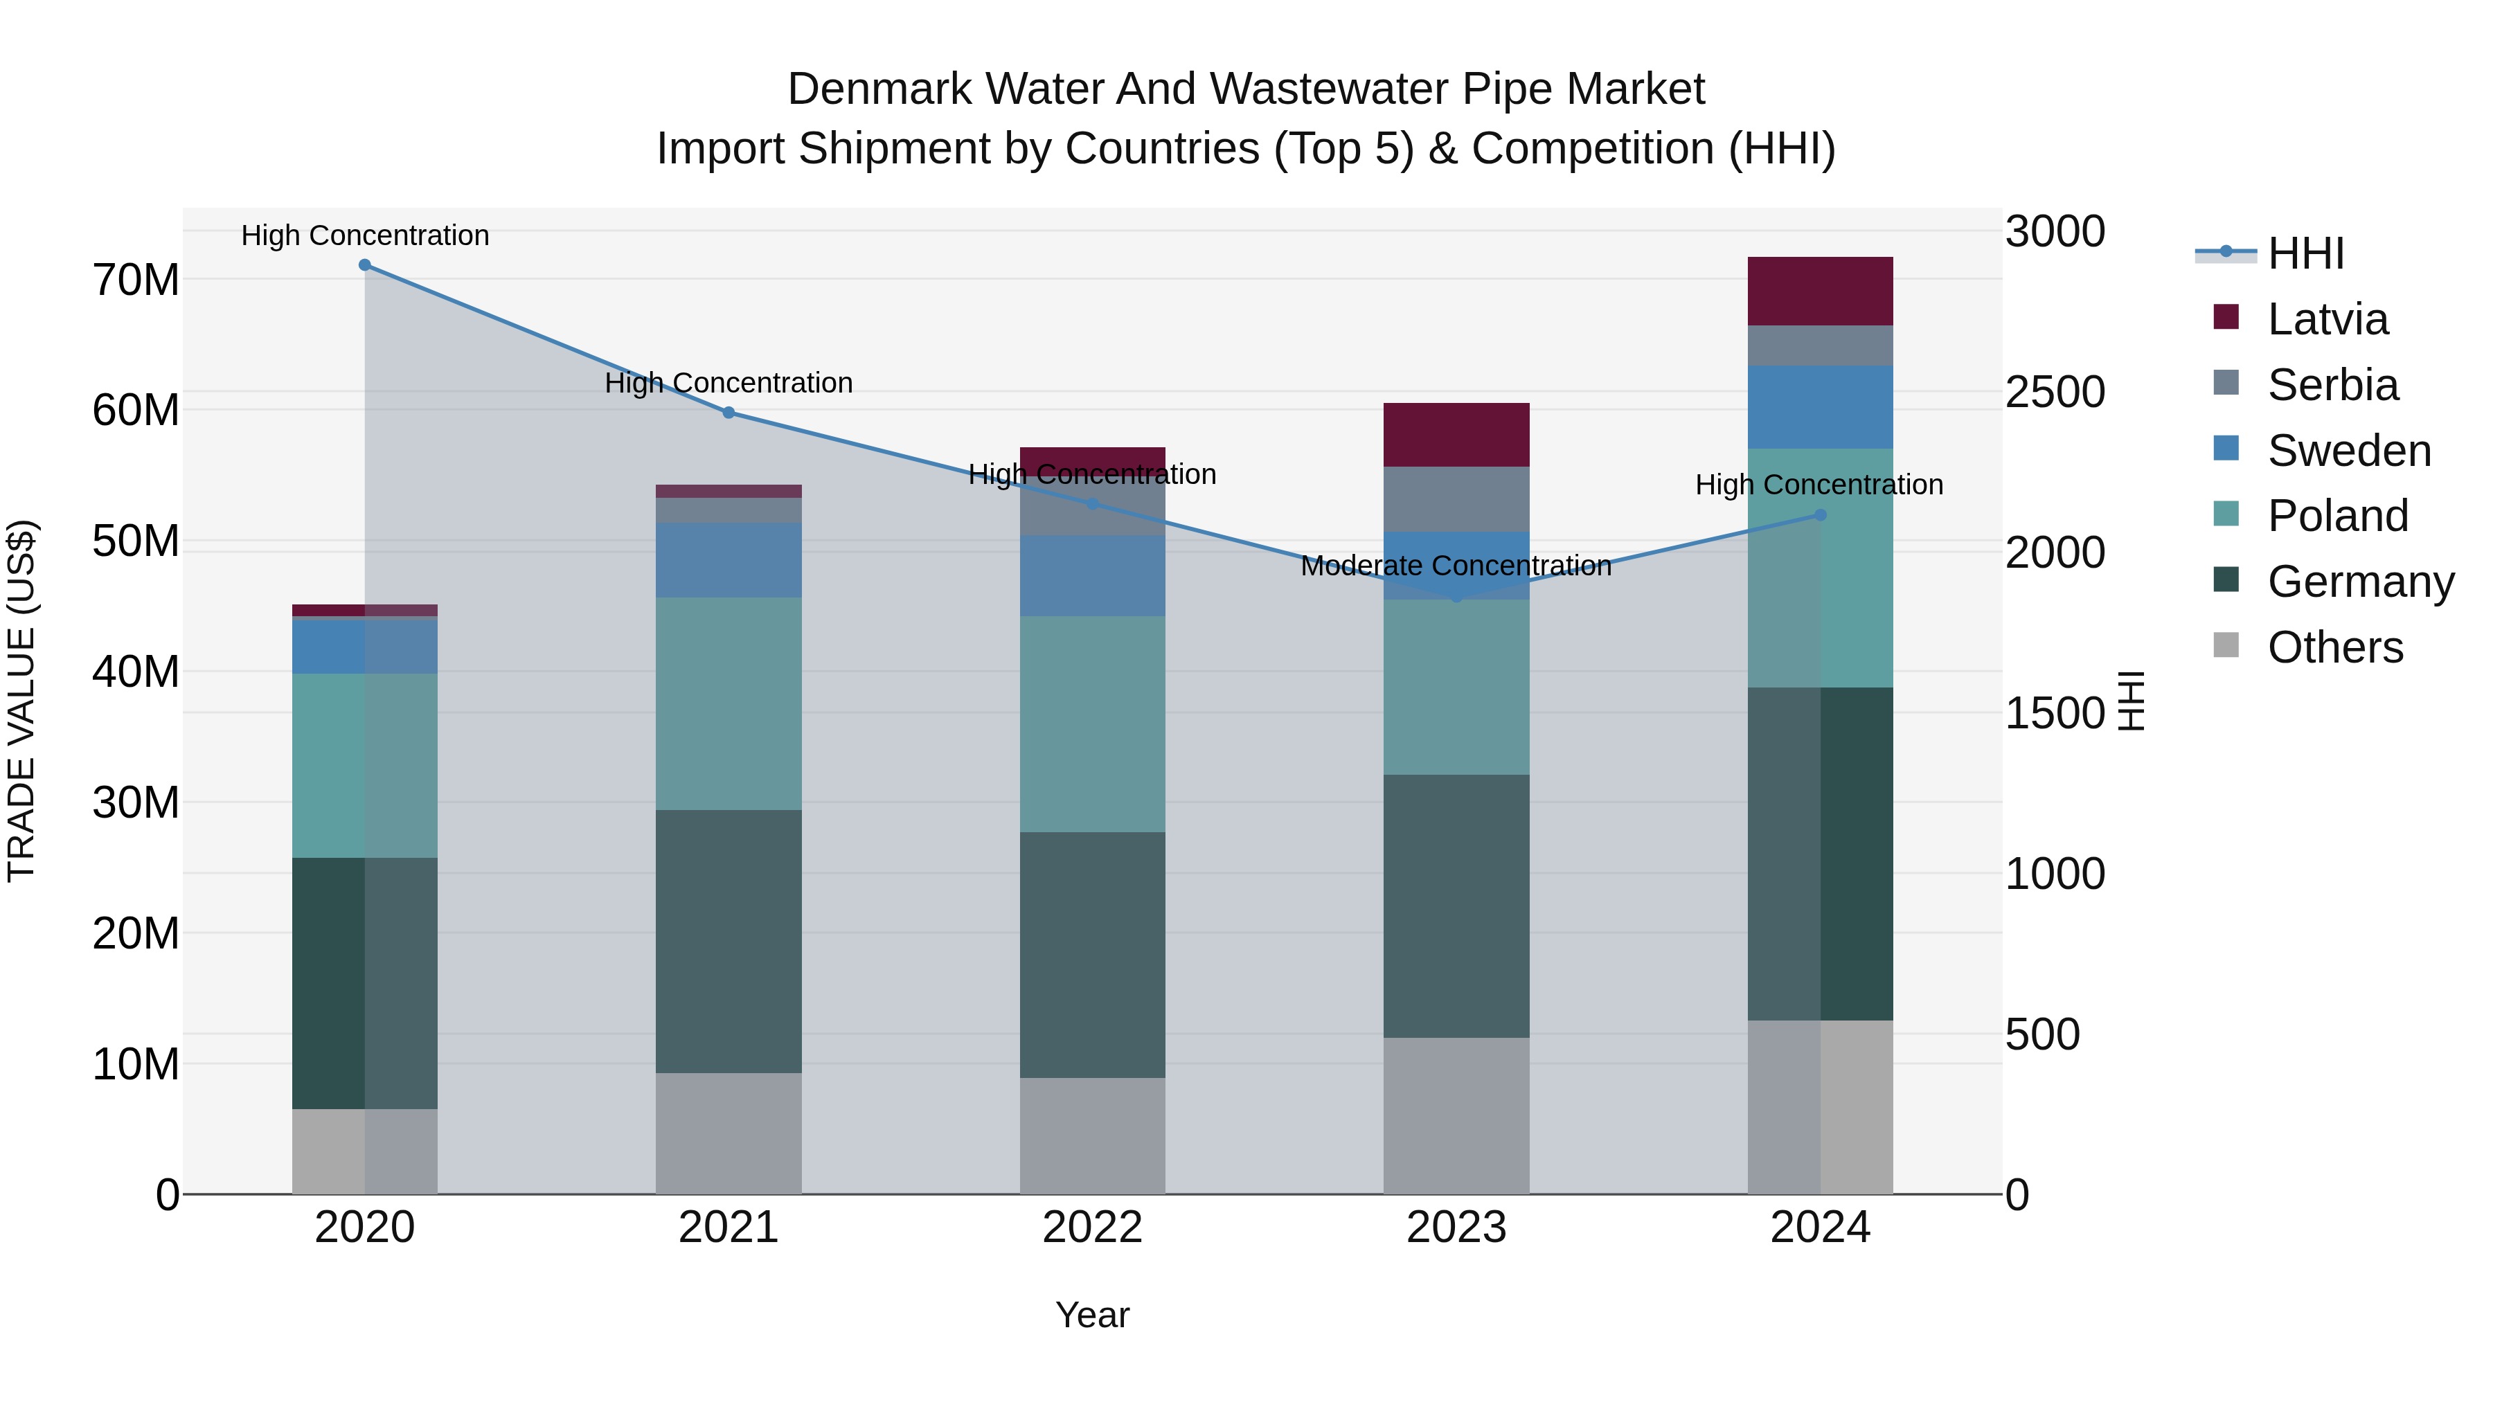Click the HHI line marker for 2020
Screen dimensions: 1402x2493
(365, 265)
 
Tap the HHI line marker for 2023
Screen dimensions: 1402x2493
(1456, 597)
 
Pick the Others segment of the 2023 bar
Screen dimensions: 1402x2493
(1456, 1115)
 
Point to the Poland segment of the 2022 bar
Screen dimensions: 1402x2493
(1093, 724)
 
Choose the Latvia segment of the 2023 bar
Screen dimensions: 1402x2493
(1456, 434)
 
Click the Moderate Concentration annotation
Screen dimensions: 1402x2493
(1456, 566)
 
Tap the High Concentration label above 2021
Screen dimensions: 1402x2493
(729, 383)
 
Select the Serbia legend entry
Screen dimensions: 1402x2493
(2332, 385)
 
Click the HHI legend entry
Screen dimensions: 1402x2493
(2305, 253)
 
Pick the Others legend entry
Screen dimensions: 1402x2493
(2334, 647)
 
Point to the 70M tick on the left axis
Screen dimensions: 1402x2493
(136, 280)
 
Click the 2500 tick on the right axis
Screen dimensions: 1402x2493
(2054, 393)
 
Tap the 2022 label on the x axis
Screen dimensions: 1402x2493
(1093, 1228)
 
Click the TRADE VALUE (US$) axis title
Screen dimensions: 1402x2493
(21, 701)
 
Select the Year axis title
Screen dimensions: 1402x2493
(1093, 1315)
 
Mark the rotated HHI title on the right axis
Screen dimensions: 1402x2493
(2132, 701)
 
